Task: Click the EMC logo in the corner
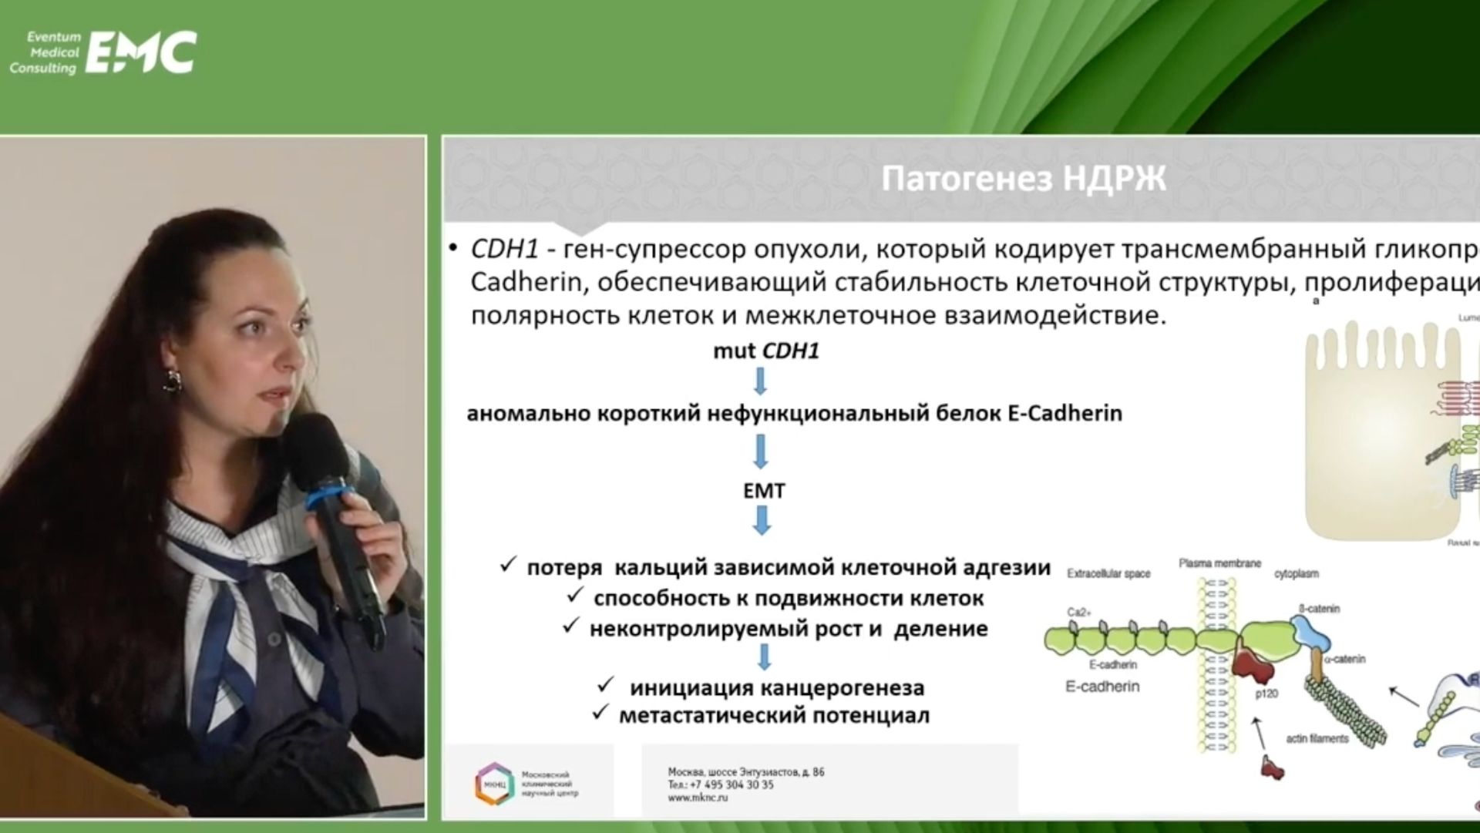click(x=143, y=52)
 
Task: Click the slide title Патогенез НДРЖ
click(x=1024, y=179)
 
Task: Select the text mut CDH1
click(x=765, y=351)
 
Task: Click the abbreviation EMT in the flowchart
click(x=763, y=491)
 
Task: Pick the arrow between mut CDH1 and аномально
click(x=761, y=381)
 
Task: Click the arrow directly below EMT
click(x=762, y=522)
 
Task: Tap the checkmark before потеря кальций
click(x=507, y=566)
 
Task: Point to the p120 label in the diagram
click(x=1266, y=694)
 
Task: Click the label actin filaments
click(x=1317, y=738)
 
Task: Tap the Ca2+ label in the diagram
click(x=1079, y=613)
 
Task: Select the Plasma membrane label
click(x=1219, y=563)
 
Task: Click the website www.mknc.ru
click(x=698, y=798)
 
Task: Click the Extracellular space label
click(x=1108, y=573)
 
